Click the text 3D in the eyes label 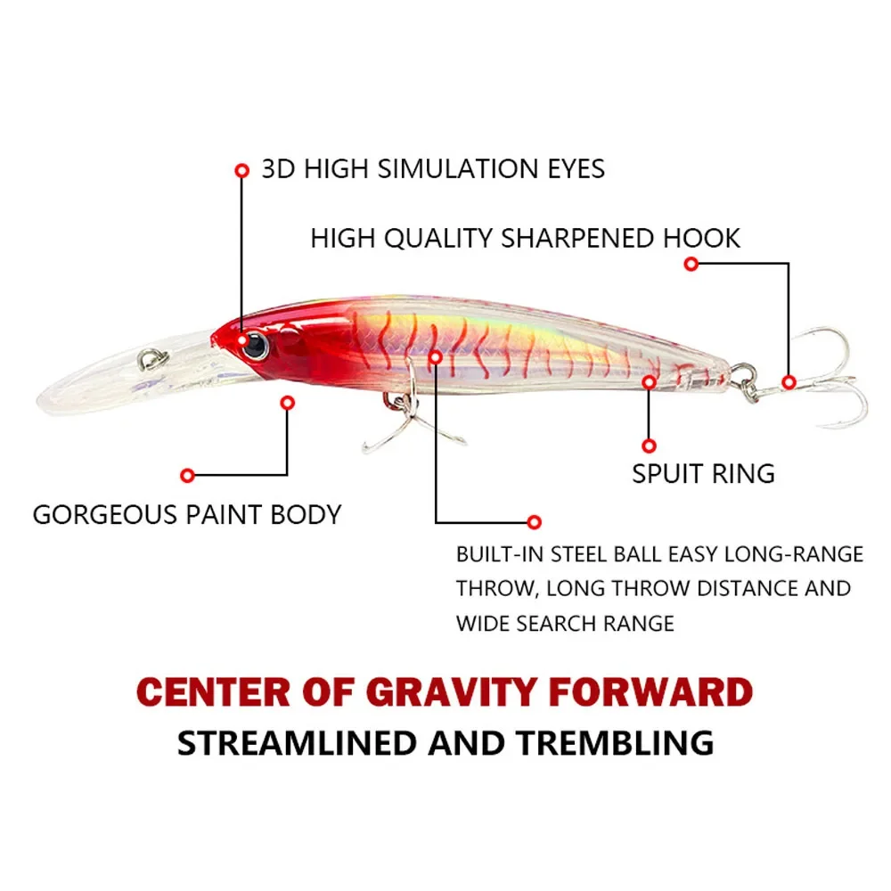click(x=278, y=168)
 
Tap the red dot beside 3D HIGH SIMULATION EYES click(x=241, y=168)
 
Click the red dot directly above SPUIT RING click(x=649, y=445)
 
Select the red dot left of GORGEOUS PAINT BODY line click(x=187, y=475)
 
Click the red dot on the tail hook click(x=789, y=381)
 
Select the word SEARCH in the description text click(x=555, y=622)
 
